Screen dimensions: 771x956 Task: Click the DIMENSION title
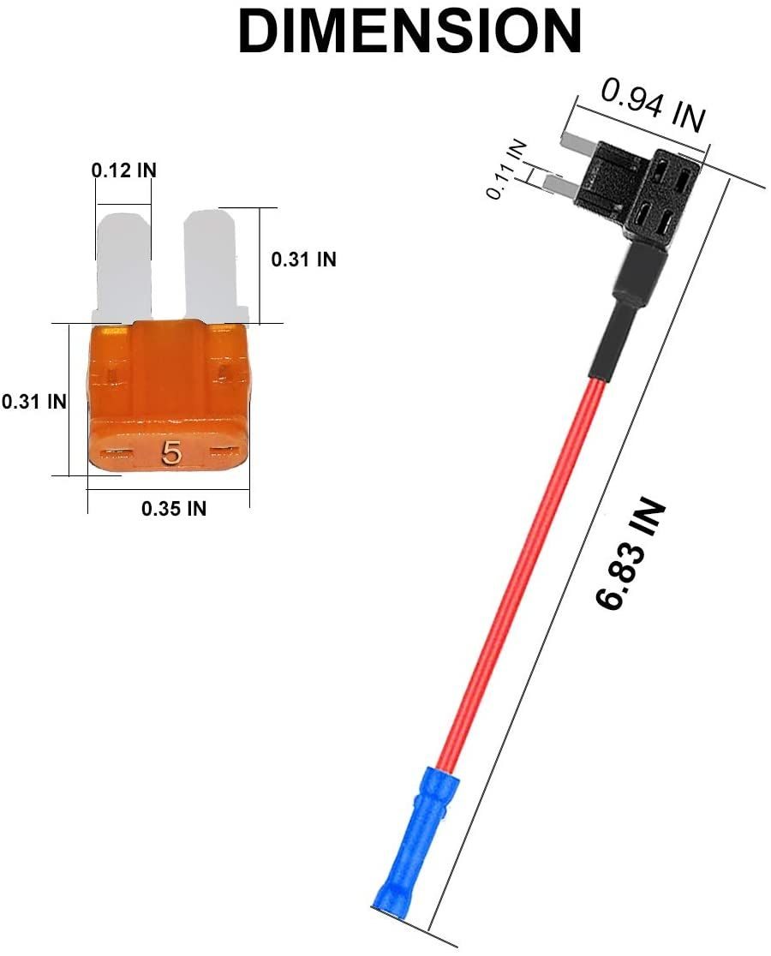pyautogui.click(x=409, y=31)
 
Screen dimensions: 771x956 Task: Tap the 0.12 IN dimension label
pyautogui.click(x=123, y=170)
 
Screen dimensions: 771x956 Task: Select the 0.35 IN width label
pyautogui.click(x=174, y=508)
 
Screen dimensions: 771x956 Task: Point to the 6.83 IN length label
pyautogui.click(x=629, y=553)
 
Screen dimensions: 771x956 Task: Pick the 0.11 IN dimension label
pyautogui.click(x=506, y=169)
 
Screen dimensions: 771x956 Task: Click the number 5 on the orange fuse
pyautogui.click(x=171, y=454)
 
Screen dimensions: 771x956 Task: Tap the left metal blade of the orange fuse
pyautogui.click(x=123, y=266)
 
